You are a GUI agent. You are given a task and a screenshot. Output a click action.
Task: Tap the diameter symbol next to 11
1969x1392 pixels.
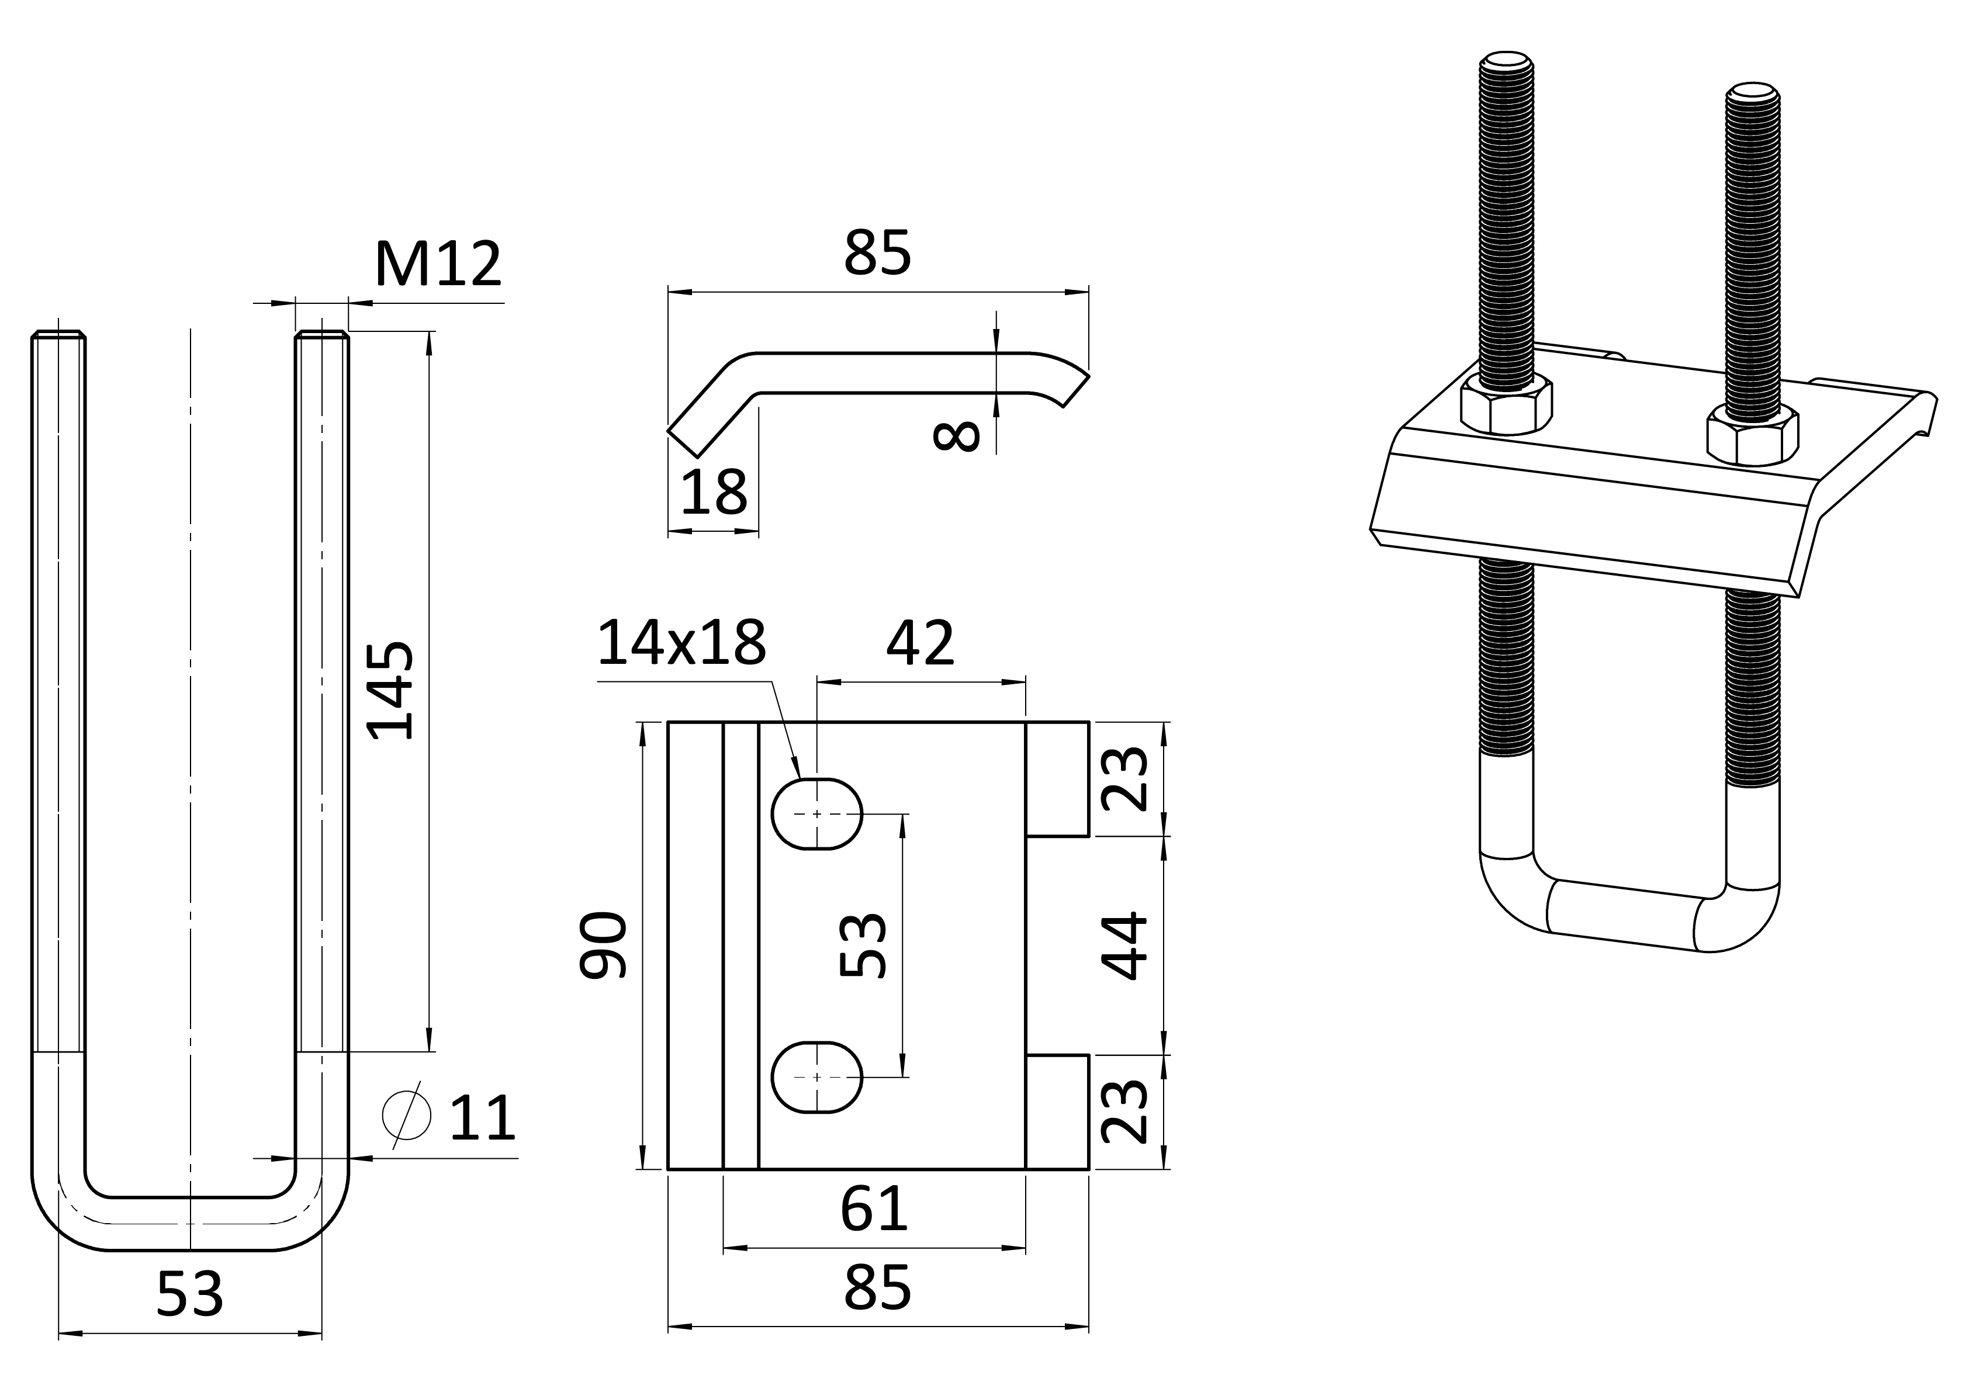(x=407, y=1115)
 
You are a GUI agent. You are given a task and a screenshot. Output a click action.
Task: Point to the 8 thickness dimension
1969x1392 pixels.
(x=956, y=436)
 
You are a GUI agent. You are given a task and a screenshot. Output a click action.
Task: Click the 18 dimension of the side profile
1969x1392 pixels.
(x=714, y=492)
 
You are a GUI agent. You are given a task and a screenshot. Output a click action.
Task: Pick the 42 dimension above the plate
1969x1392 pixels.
(x=920, y=643)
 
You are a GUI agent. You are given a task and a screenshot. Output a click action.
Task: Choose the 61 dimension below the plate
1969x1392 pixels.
(x=874, y=1209)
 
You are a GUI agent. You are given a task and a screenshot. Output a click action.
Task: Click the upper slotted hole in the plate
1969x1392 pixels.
(x=817, y=814)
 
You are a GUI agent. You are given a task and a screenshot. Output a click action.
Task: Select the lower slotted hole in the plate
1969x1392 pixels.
(x=817, y=1076)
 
